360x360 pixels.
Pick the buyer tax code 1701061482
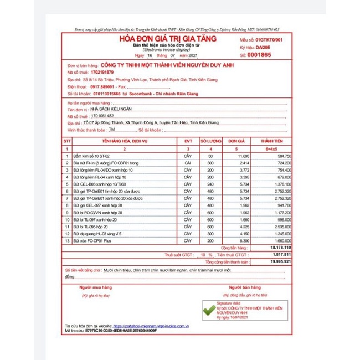click(105, 117)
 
